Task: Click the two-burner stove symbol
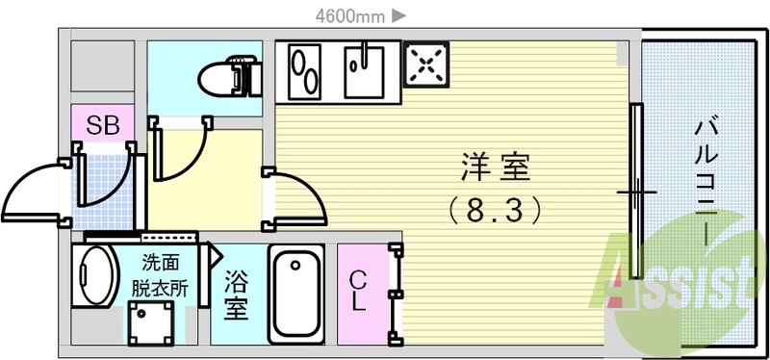click(307, 71)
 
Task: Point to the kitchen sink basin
click(367, 71)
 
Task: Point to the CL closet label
click(357, 291)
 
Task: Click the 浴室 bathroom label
click(236, 296)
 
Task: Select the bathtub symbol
click(295, 294)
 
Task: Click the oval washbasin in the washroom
click(94, 275)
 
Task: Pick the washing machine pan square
click(152, 321)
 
